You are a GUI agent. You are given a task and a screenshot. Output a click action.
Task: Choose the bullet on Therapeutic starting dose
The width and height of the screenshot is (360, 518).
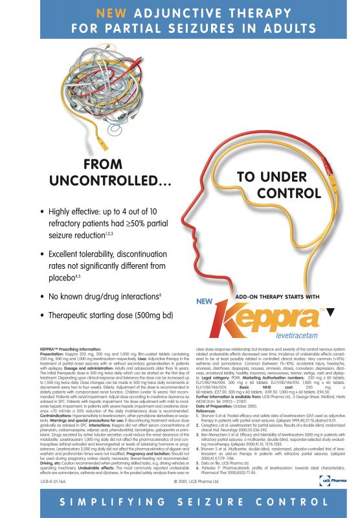click(x=106, y=315)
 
